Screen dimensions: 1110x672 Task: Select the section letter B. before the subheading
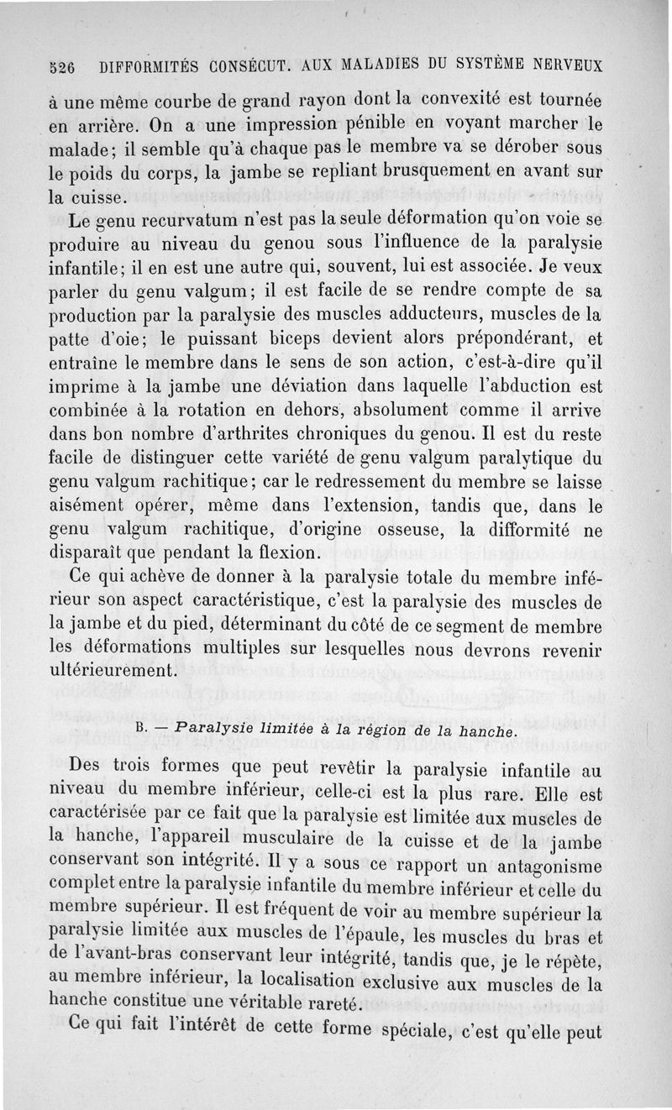142,728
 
